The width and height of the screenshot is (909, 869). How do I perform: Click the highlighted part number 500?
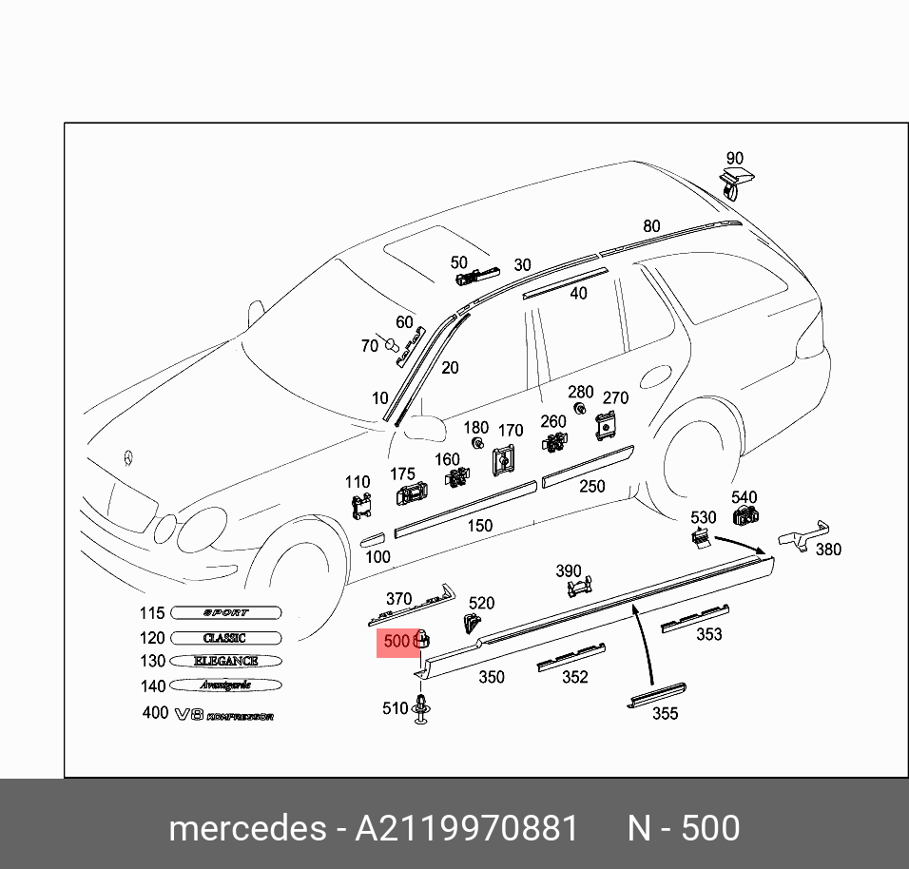click(x=396, y=642)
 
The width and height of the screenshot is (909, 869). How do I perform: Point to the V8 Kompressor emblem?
click(x=223, y=714)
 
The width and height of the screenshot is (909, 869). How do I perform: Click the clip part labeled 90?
click(x=733, y=181)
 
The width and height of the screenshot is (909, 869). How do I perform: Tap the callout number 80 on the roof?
click(x=651, y=226)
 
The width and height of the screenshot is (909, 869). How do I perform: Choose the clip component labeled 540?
click(x=745, y=516)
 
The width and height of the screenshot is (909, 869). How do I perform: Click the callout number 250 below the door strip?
click(x=592, y=486)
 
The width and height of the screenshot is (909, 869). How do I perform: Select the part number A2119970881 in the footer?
click(x=467, y=829)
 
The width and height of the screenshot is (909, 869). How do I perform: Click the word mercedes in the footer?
click(x=246, y=829)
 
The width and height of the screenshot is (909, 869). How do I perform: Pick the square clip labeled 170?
click(x=504, y=461)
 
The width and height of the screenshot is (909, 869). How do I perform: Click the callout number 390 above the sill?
click(x=568, y=570)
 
